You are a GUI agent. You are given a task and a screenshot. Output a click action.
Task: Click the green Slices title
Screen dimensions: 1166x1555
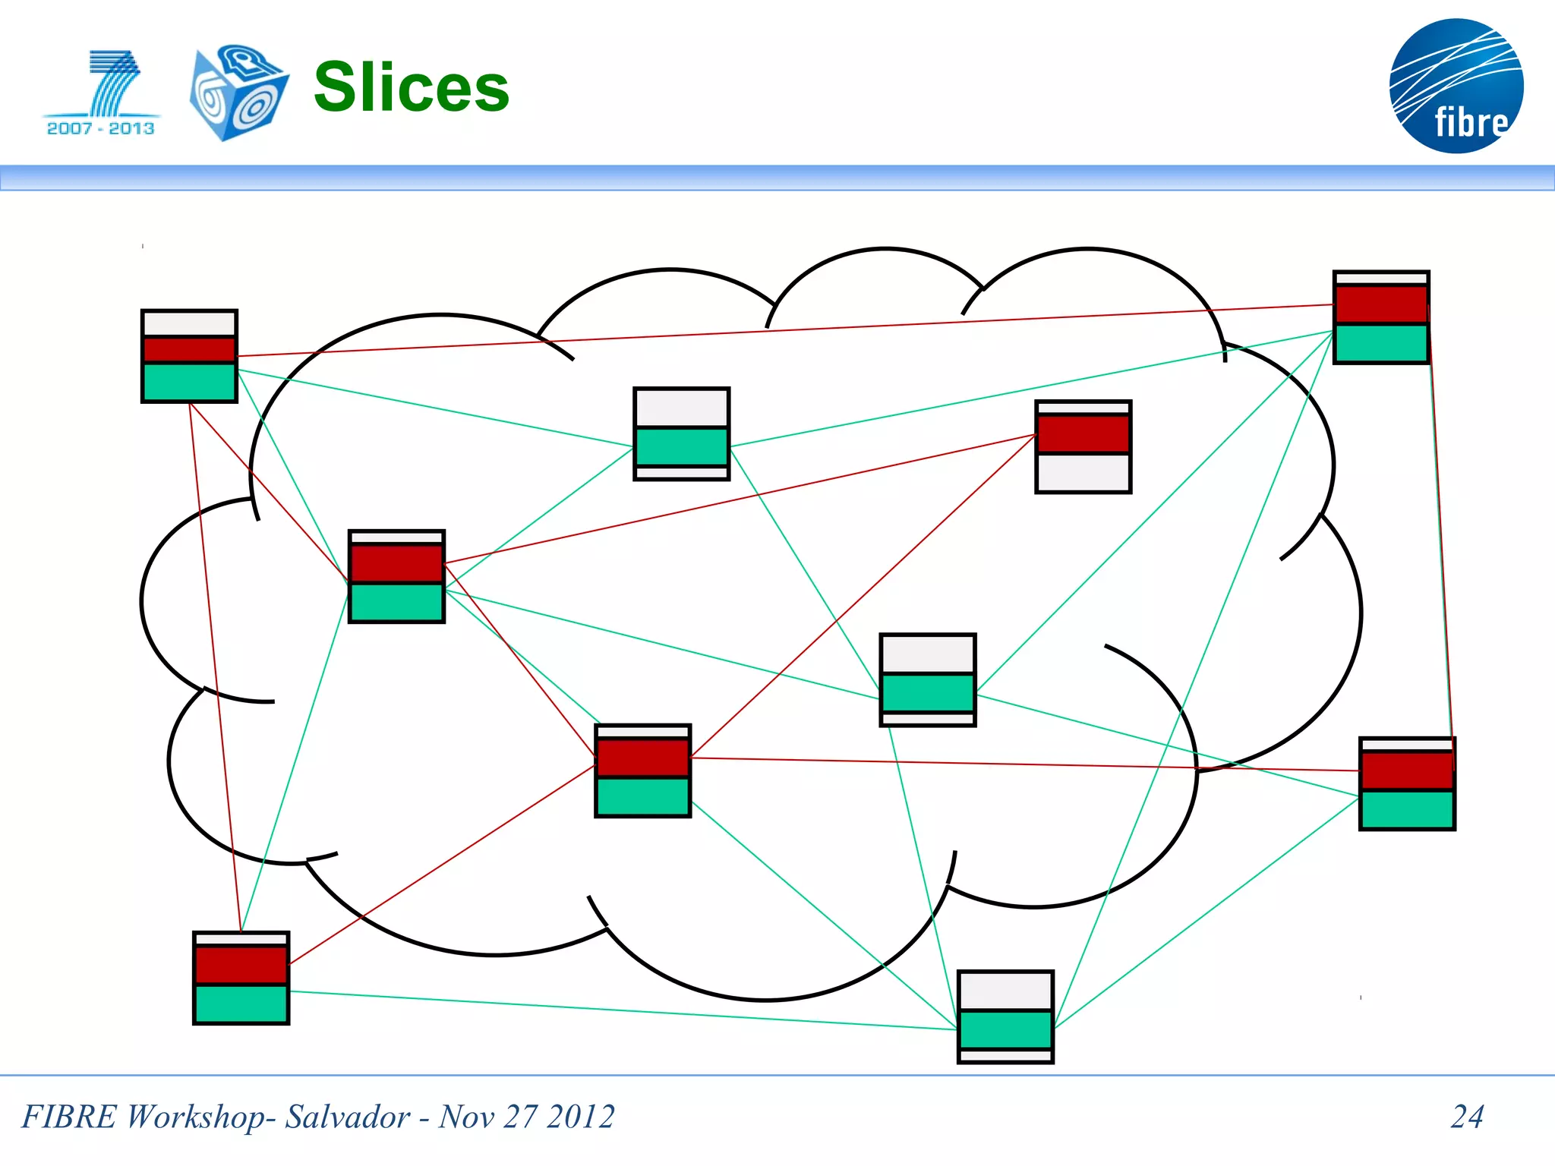411,87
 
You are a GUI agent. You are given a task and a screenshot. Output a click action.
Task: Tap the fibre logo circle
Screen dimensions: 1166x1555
1456,86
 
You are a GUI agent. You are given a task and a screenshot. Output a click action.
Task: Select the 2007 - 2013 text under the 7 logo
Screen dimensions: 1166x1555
100,128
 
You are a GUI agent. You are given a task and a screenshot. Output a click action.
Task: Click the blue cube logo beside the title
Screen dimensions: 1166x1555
238,93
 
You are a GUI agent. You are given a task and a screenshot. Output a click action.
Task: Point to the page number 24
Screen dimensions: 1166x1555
1467,1117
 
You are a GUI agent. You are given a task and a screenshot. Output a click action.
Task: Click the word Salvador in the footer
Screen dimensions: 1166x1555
347,1117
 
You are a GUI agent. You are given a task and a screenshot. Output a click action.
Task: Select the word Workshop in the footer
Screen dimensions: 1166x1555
195,1117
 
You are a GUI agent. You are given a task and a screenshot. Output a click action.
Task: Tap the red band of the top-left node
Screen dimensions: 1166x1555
189,350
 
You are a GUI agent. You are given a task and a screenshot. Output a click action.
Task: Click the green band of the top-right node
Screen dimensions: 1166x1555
1381,343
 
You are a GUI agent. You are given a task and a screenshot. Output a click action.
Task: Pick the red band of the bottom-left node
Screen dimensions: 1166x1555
241,965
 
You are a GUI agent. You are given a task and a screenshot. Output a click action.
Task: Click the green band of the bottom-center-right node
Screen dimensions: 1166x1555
1005,1029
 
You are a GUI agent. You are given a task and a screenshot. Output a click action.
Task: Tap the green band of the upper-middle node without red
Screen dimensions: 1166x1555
681,446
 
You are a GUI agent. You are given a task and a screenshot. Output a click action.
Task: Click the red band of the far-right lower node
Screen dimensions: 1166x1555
1407,771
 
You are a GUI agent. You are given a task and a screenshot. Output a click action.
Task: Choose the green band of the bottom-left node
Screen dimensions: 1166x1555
241,1004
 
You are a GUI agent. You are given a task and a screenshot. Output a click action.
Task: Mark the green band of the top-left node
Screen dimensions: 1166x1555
189,382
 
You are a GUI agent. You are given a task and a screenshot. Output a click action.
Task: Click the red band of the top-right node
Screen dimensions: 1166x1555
1381,304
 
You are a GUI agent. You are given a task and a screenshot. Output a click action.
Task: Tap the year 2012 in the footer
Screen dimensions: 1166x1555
581,1117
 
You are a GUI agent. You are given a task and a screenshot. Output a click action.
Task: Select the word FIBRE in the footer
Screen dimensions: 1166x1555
69,1117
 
